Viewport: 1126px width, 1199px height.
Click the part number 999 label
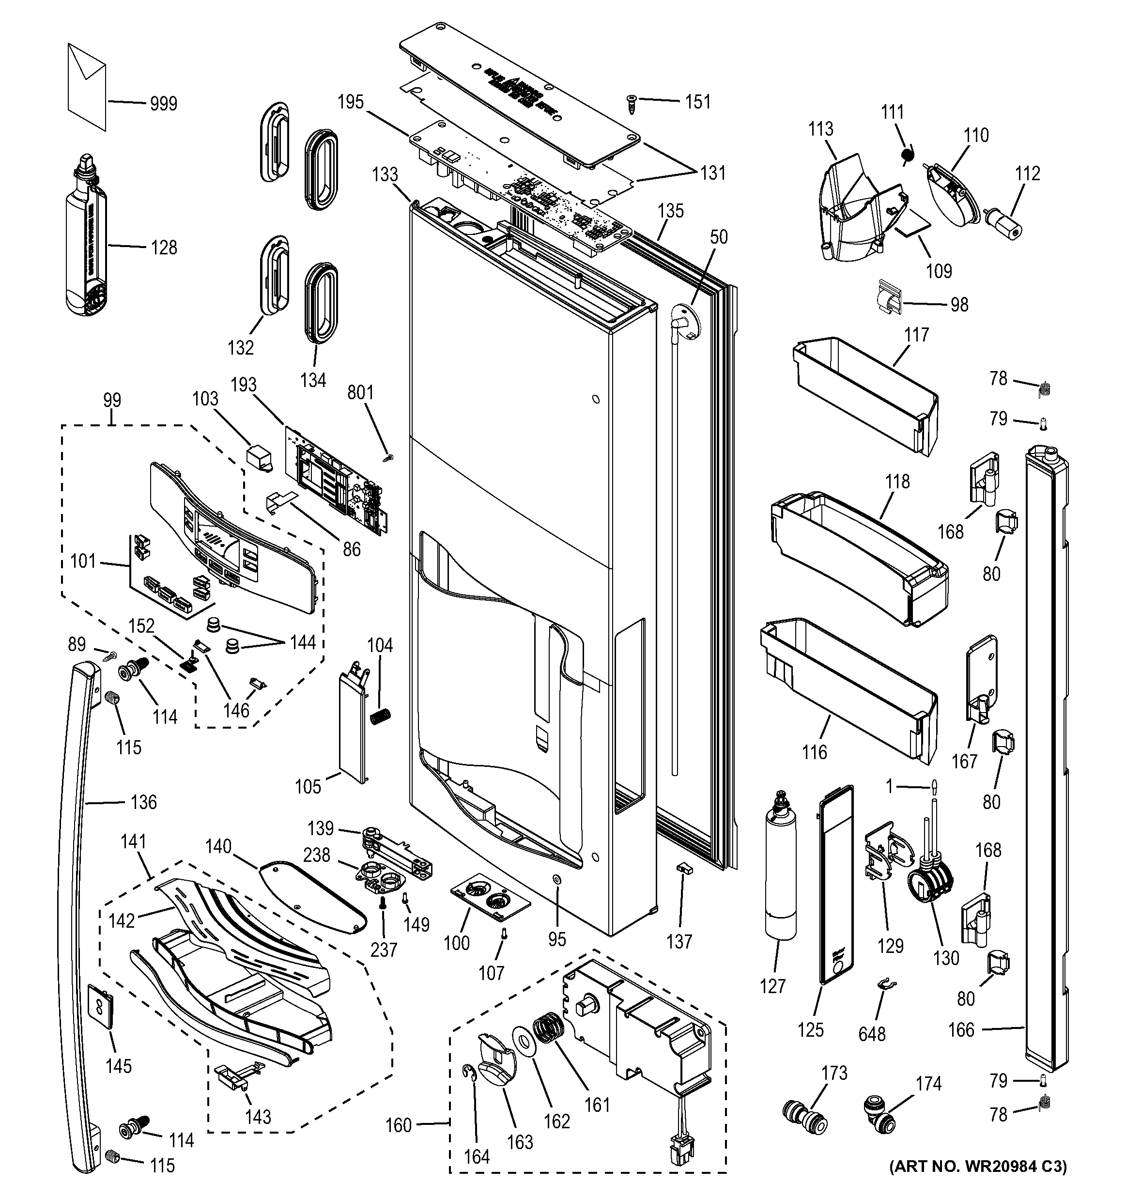tap(163, 104)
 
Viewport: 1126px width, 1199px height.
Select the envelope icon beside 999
tap(87, 86)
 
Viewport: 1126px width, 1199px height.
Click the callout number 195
tap(350, 102)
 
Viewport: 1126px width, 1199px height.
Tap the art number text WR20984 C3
tap(978, 1183)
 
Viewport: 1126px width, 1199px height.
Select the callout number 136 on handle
tap(143, 802)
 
